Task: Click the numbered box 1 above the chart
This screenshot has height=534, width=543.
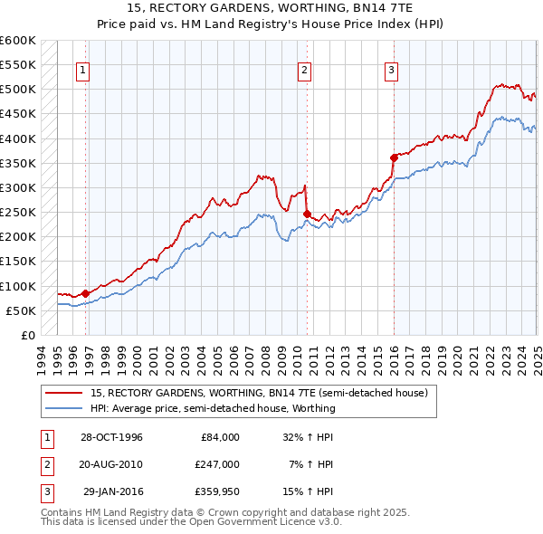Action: tap(82, 71)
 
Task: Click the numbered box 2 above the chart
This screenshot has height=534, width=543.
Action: tap(305, 71)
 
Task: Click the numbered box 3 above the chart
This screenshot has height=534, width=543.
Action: tap(392, 71)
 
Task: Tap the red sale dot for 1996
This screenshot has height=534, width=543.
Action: tap(85, 293)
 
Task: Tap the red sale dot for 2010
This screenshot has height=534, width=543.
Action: tap(308, 214)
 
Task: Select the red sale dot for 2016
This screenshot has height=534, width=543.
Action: tap(395, 157)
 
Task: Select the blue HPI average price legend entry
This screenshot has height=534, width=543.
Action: tap(213, 408)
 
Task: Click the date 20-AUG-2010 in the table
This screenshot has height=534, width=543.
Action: tap(111, 464)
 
